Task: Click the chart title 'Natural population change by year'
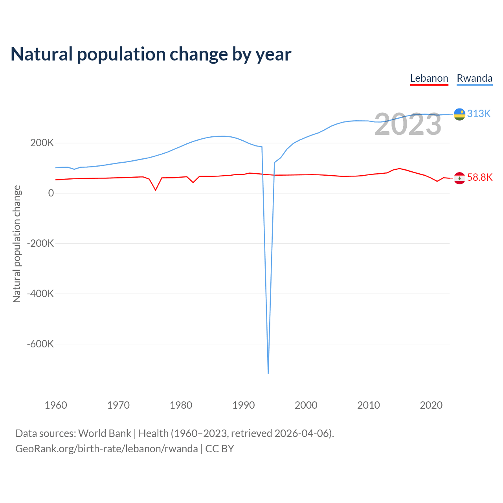151,54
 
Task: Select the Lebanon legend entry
429,79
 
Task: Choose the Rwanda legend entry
474,79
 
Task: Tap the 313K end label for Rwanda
479,114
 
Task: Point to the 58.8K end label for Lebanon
479,177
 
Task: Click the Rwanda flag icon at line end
459,114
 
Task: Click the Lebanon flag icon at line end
459,178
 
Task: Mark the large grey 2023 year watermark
408,124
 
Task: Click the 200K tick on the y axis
42,143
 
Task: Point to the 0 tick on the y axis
51,193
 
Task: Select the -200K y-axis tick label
40,243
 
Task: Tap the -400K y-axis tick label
40,294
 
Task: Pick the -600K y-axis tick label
40,344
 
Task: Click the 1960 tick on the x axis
56,405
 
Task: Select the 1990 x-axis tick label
244,405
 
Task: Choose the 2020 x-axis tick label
431,405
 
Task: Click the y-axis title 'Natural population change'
17,244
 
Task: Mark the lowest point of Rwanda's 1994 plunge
268,373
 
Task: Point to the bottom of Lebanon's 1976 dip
156,190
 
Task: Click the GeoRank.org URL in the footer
106,449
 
